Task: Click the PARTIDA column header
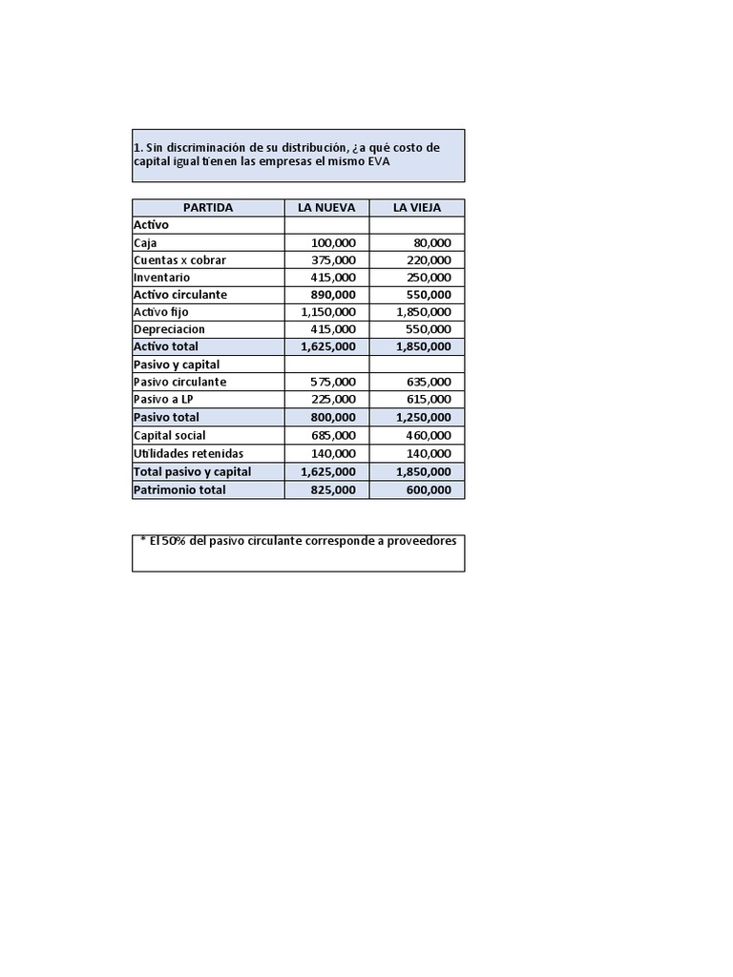point(207,208)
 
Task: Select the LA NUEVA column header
point(326,208)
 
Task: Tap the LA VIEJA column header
point(417,208)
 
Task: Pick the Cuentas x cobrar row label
point(180,260)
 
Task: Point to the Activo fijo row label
point(161,312)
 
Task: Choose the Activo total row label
point(166,346)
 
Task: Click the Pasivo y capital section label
point(177,364)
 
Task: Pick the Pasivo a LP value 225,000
point(333,399)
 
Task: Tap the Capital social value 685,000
point(333,435)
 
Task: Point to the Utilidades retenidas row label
point(188,453)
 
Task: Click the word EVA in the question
point(379,162)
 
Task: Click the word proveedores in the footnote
point(418,540)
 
